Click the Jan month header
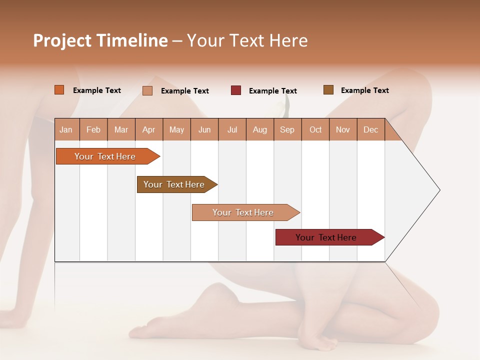pos(66,129)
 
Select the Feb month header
pos(93,129)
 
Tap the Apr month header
pos(148,129)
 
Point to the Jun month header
pos(204,129)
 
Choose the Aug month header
pos(260,129)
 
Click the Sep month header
pos(287,129)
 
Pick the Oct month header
pos(315,129)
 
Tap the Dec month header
pos(370,129)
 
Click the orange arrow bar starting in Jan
pos(105,156)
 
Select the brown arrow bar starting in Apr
pos(174,184)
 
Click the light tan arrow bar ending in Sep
pos(243,212)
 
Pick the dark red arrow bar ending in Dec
pos(326,237)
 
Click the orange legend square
pos(59,90)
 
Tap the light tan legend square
pos(147,90)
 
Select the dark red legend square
pos(236,90)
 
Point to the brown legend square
pos(328,90)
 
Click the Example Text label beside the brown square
pos(364,90)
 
